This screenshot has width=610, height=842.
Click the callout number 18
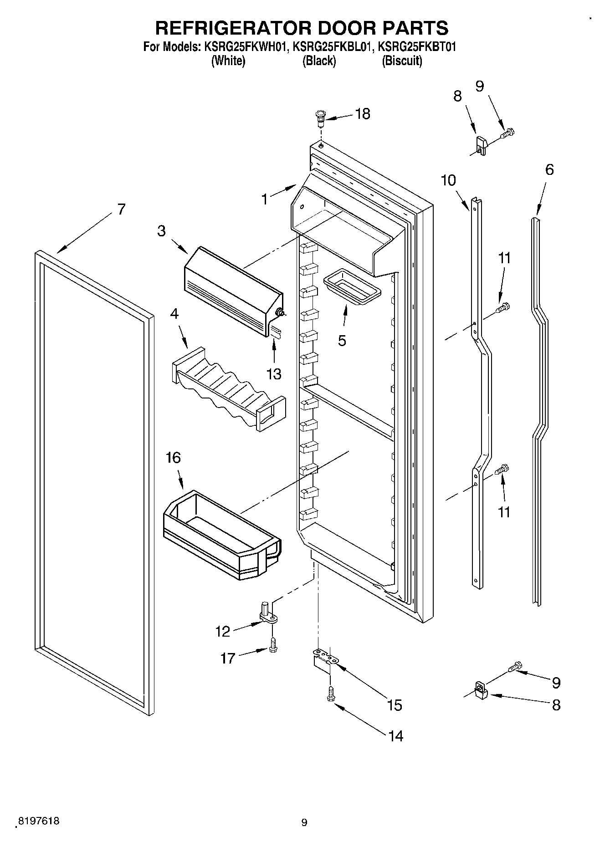[363, 114]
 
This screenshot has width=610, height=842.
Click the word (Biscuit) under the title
[402, 61]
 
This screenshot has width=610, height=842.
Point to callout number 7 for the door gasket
[120, 209]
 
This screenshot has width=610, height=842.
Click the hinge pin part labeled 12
[267, 613]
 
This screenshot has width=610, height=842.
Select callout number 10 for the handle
[448, 180]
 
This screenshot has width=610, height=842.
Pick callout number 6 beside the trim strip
[549, 170]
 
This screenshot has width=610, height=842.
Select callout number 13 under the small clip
[274, 374]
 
